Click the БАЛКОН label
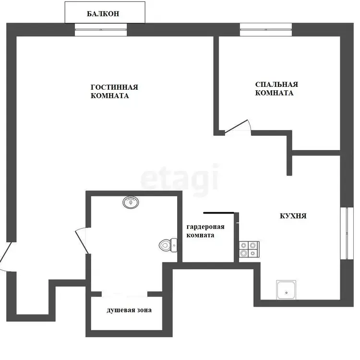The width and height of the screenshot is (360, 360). [x=103, y=14]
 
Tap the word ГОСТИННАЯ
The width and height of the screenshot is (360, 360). [x=114, y=87]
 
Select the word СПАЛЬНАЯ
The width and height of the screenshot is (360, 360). [x=276, y=84]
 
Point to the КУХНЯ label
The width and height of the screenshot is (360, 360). [x=293, y=216]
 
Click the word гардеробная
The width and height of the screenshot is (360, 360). [x=205, y=227]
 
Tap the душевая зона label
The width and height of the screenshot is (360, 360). [x=129, y=310]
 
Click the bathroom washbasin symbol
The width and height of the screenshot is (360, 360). [x=131, y=202]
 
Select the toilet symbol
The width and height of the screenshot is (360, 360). [x=168, y=245]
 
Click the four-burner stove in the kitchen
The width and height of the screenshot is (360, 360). [x=249, y=249]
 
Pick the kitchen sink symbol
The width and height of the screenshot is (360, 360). [x=286, y=290]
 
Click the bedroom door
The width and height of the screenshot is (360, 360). [x=238, y=126]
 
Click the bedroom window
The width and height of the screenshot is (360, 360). [x=266, y=30]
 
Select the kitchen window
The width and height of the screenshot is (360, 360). [x=347, y=233]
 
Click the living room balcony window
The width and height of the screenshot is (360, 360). [x=101, y=30]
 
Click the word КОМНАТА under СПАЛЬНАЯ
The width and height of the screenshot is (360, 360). [x=274, y=93]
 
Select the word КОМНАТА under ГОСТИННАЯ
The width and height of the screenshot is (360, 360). [x=110, y=96]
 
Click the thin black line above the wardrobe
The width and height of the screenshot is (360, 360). [x=218, y=213]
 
